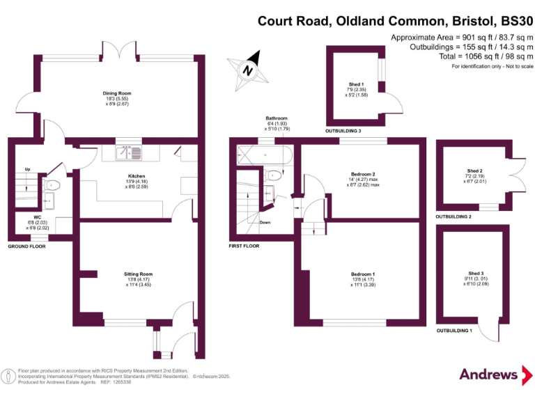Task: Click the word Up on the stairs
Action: click(27, 169)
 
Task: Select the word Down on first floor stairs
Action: click(265, 223)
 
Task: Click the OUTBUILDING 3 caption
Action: click(343, 131)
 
